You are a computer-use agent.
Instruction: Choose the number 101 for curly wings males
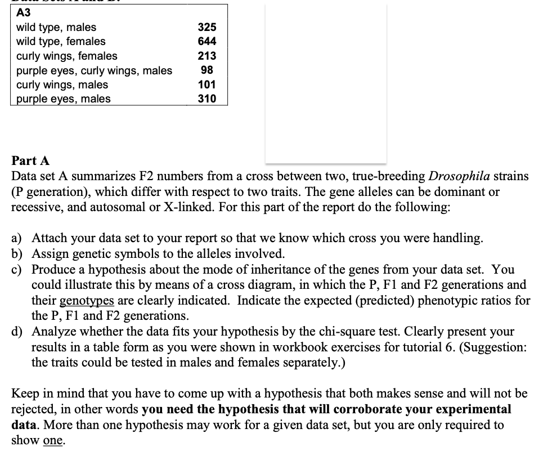pyautogui.click(x=207, y=85)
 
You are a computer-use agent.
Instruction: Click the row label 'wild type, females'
pyautogui.click(x=60, y=42)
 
